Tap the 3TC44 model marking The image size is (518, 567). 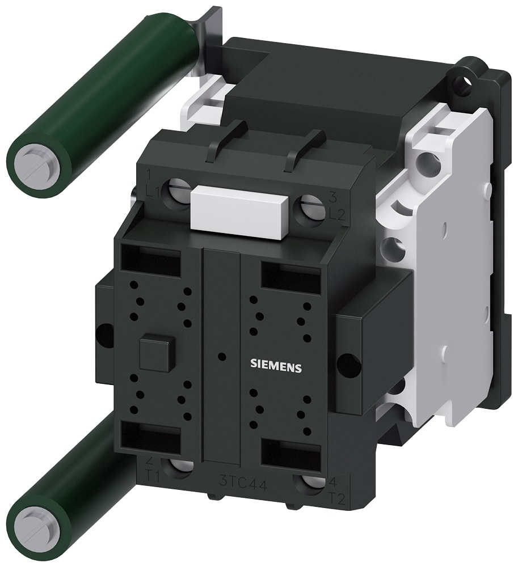click(x=235, y=484)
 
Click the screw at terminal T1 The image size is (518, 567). click(x=180, y=466)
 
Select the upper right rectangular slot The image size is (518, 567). click(x=290, y=278)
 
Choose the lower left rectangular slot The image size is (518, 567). click(x=150, y=437)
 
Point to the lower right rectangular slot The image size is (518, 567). click(x=290, y=452)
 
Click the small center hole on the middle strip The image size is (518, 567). click(x=222, y=357)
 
